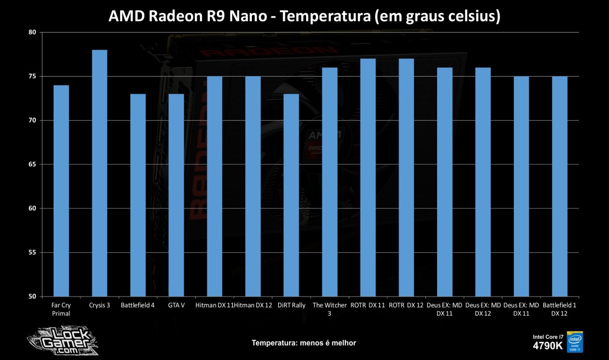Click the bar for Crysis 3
(x=99, y=173)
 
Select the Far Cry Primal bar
(x=61, y=191)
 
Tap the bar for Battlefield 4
(x=137, y=195)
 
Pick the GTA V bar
(x=176, y=195)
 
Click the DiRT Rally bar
(x=292, y=195)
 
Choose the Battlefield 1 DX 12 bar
(x=560, y=186)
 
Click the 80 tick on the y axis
(x=32, y=32)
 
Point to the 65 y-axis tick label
(x=32, y=165)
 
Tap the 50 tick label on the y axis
(x=32, y=297)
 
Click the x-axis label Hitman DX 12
(x=253, y=305)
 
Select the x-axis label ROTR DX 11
(x=367, y=305)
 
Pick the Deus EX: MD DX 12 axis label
(x=483, y=309)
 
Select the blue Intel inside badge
(x=575, y=341)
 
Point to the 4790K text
(x=548, y=345)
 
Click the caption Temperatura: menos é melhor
(x=303, y=342)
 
